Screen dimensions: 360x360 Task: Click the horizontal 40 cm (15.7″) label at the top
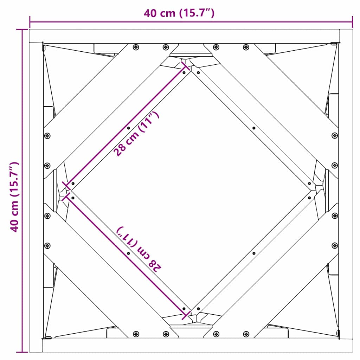point(179,13)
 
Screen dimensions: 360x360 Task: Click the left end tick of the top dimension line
point(30,22)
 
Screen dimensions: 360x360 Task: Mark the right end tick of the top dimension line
point(352,22)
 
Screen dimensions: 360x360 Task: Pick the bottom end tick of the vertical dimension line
point(22,352)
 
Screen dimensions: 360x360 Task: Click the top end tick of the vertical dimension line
point(22,30)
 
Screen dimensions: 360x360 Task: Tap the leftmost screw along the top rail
point(136,47)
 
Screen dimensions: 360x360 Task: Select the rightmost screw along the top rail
point(246,47)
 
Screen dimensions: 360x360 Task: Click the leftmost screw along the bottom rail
point(136,334)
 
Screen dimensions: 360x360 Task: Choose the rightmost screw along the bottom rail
point(246,334)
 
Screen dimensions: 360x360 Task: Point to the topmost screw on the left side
point(47,135)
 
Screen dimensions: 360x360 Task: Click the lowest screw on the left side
point(47,245)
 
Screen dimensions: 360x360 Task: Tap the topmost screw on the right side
point(334,135)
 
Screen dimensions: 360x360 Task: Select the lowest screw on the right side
point(334,245)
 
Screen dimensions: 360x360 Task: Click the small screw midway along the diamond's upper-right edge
point(254,128)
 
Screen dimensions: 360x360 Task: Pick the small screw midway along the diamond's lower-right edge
point(254,253)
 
